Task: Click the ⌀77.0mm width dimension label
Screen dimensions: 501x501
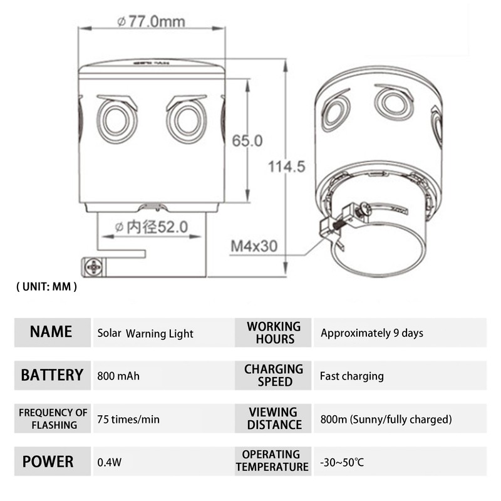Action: (151, 21)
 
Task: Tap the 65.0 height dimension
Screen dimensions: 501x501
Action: (247, 141)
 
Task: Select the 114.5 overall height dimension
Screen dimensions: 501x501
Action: (286, 167)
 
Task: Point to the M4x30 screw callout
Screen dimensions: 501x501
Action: (254, 246)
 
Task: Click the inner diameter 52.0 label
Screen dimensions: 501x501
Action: (152, 227)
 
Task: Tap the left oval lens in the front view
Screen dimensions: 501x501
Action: (117, 120)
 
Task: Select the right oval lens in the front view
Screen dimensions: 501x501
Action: (187, 120)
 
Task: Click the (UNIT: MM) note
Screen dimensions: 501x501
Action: (46, 286)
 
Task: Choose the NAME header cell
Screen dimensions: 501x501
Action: (51, 332)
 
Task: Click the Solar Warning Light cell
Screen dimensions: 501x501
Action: (145, 334)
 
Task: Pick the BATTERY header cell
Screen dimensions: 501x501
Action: (52, 375)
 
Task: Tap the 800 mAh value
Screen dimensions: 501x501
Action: (118, 376)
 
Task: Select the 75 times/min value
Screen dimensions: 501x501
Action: (128, 419)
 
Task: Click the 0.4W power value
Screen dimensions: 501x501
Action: (110, 463)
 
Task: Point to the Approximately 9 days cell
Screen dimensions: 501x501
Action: (372, 333)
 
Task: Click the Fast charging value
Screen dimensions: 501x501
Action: (351, 376)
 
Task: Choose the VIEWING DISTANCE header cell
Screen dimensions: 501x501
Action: (272, 418)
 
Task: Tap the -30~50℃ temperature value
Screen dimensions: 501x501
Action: (342, 463)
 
